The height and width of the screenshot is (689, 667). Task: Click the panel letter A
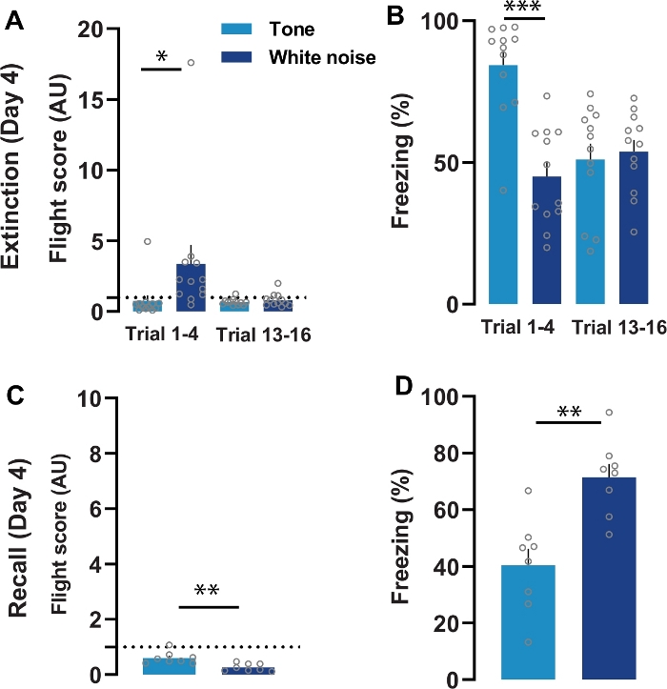point(14,21)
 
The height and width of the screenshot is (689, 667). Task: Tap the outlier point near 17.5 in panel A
point(191,63)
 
